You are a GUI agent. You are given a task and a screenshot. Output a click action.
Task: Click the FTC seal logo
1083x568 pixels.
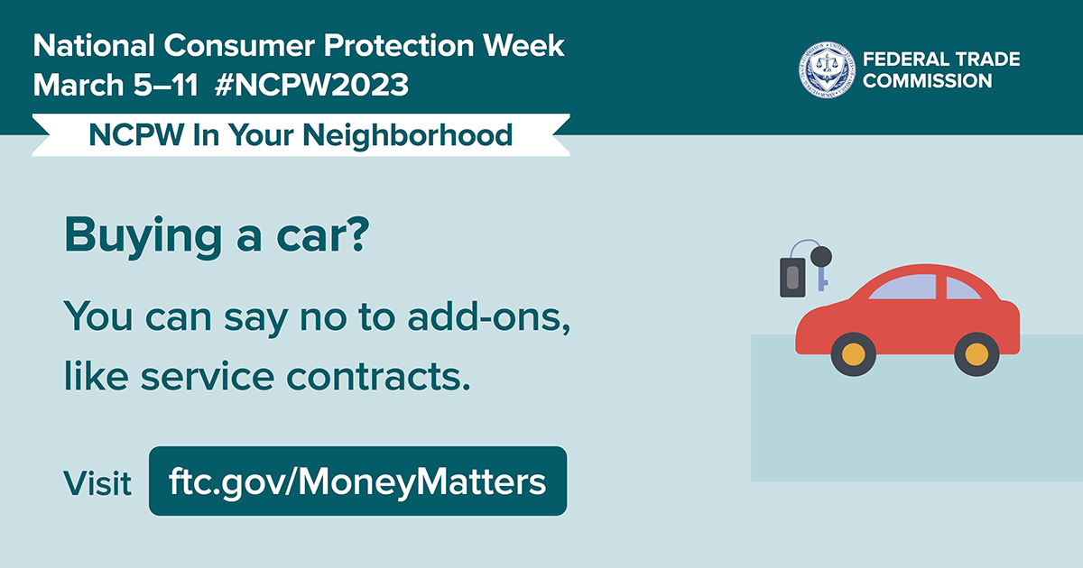(x=825, y=69)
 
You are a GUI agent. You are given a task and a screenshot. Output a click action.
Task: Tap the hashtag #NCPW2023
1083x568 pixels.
(x=312, y=86)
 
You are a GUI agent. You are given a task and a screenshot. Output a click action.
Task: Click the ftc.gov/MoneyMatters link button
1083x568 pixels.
(x=357, y=481)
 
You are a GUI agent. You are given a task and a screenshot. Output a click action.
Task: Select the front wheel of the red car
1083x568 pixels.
(x=854, y=353)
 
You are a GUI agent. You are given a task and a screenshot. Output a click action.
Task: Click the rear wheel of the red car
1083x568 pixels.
(x=977, y=353)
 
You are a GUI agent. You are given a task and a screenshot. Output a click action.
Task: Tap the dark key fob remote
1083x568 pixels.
(x=792, y=277)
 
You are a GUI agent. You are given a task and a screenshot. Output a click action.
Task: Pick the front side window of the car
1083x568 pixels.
(x=905, y=288)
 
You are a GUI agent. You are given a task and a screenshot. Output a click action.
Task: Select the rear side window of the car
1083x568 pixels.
(x=962, y=289)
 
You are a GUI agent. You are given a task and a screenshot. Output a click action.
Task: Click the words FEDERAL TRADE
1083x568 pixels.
(x=941, y=60)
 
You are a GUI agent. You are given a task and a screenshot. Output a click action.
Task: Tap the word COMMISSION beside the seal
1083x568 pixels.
(x=927, y=81)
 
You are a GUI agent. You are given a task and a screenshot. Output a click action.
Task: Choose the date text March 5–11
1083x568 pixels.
(x=118, y=86)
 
